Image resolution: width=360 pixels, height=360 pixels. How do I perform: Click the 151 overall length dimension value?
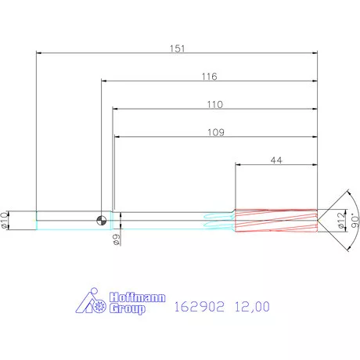178,49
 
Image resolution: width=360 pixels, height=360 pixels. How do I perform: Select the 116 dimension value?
208,77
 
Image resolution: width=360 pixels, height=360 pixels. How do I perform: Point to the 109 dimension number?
217,132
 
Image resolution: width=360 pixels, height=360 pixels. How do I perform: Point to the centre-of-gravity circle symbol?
102,220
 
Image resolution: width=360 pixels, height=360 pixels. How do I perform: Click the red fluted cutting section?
276,220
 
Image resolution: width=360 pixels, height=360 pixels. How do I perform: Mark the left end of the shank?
37,220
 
